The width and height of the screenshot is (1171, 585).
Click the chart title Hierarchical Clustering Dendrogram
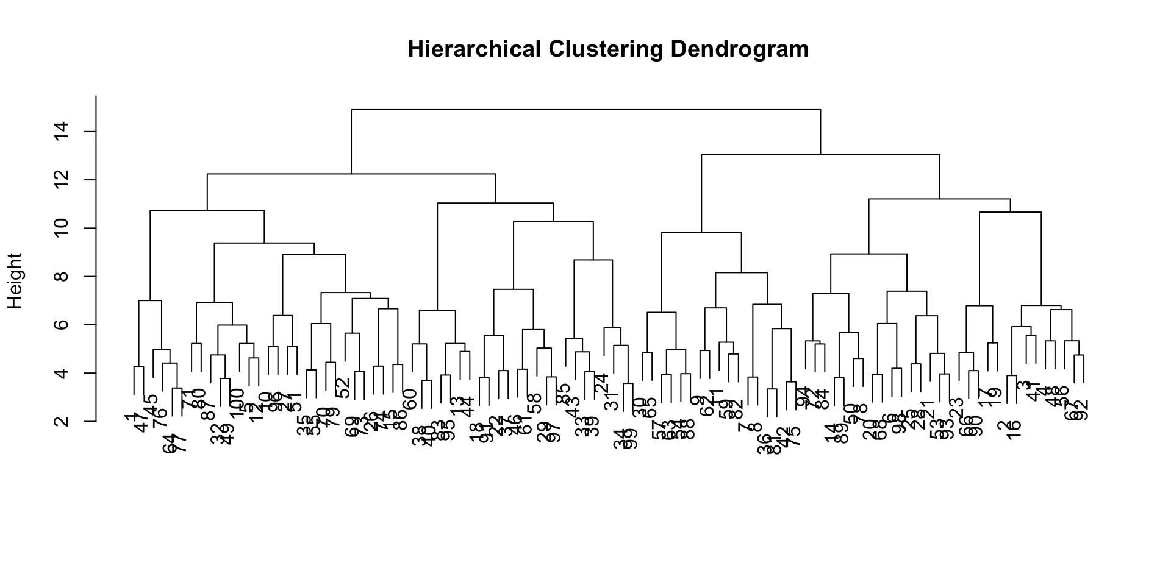point(608,49)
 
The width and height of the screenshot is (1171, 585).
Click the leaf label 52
point(343,388)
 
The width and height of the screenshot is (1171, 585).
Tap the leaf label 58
point(535,403)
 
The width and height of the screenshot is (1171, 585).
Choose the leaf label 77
point(181,442)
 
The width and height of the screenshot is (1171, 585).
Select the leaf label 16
point(1014,431)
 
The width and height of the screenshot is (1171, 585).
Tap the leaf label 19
point(995,397)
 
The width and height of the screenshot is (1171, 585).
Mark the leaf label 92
point(1081,410)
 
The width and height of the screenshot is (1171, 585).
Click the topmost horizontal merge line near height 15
point(585,110)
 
